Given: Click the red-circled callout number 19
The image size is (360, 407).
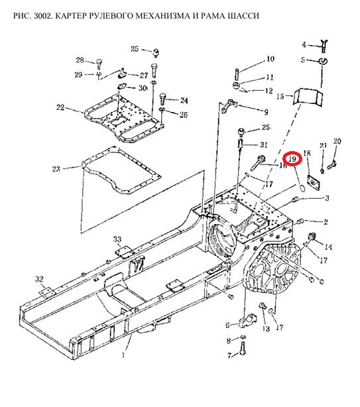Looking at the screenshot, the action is coord(292,158).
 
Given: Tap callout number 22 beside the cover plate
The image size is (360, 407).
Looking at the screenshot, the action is coord(60,107).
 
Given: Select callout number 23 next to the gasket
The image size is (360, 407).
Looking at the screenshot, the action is coord(56,169).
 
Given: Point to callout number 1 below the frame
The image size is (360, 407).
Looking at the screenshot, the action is coord(123,355).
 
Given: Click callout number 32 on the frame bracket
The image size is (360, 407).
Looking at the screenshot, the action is coord(39,279).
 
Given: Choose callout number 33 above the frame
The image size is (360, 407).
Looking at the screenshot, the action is coord(117,239).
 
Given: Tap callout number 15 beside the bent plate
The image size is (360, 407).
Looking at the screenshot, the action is coord(280,97).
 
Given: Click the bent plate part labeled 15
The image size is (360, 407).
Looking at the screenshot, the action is coord(308,97).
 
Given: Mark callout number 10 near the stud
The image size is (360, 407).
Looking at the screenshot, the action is coord(270,59).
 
